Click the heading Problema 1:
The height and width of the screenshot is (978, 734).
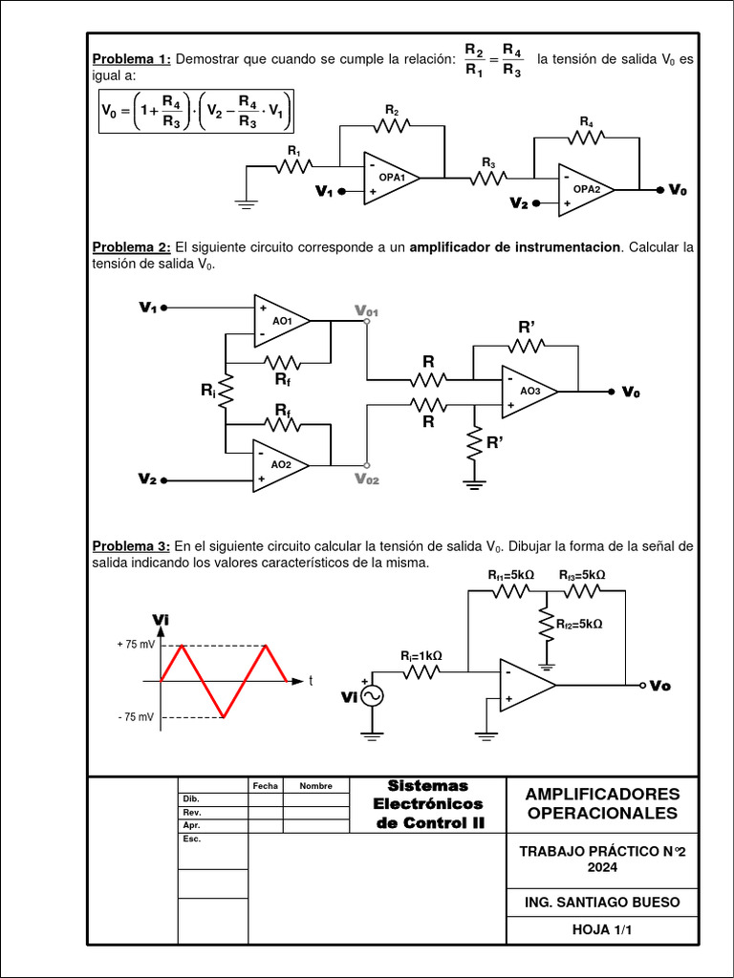(131, 59)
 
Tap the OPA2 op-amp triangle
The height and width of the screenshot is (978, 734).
(585, 190)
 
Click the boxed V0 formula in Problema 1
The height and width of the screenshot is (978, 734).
(197, 111)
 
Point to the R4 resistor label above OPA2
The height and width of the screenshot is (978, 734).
(586, 122)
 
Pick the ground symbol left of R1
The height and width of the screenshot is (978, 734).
(247, 202)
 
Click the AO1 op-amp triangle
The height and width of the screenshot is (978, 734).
(279, 321)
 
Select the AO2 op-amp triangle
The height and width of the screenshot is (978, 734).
(278, 465)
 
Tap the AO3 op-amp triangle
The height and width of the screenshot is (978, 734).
(529, 392)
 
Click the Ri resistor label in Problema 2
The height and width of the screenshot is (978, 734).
(207, 390)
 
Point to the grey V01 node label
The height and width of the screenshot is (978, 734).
(366, 310)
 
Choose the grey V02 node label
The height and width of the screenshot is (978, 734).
(366, 479)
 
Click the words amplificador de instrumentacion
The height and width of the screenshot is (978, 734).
(514, 247)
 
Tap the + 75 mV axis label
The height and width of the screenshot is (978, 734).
(136, 645)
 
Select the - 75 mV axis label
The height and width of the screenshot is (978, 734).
(136, 716)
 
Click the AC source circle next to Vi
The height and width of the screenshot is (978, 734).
(370, 697)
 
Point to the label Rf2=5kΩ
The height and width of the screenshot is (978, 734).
(579, 624)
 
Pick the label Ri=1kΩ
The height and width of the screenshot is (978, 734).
(421, 656)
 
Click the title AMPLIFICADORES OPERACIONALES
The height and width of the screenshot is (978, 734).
(603, 803)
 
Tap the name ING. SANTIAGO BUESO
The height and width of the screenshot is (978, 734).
(603, 902)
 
